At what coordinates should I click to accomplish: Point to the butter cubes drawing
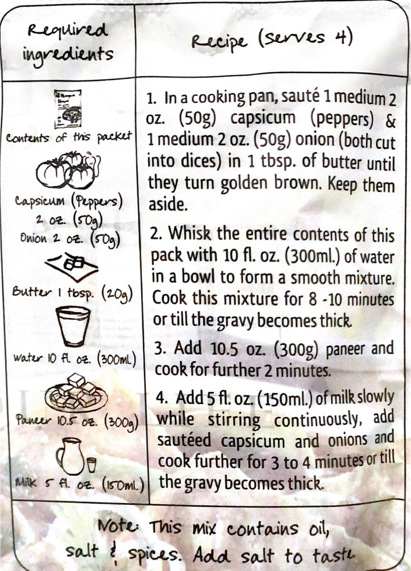coord(72,267)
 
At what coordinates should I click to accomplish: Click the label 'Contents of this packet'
coord(69,138)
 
